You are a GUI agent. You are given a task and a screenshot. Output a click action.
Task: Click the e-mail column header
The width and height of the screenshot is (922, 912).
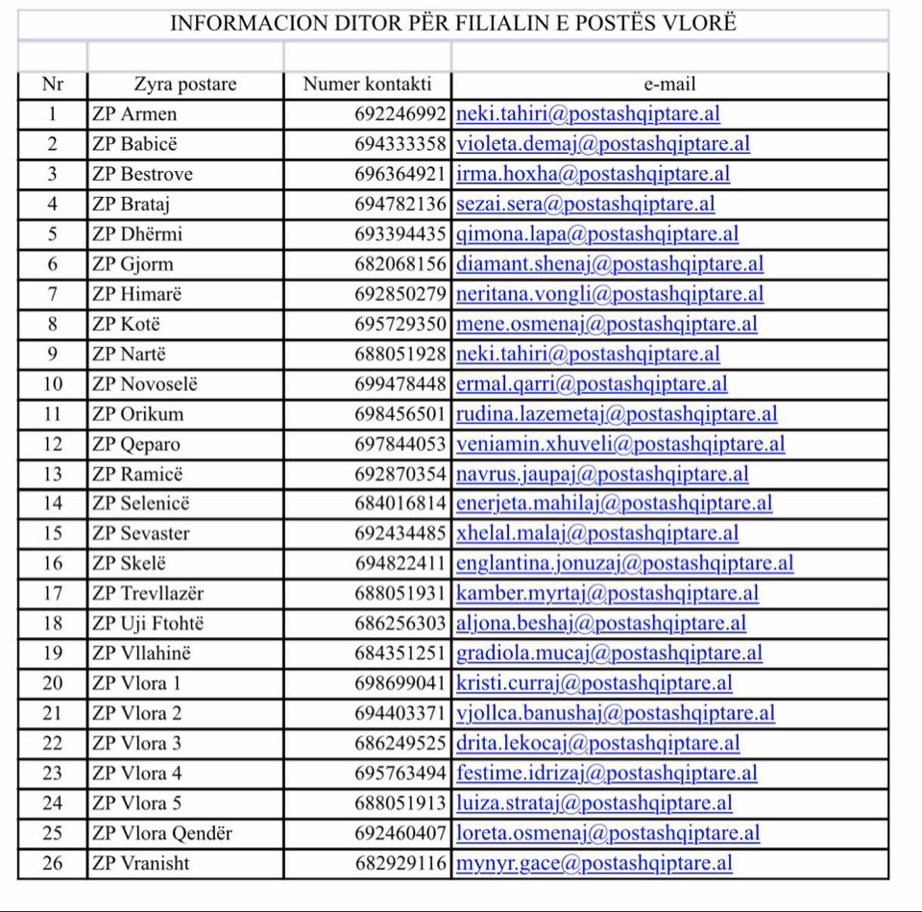[x=669, y=85]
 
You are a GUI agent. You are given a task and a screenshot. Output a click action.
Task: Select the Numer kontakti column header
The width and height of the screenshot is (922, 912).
[x=367, y=85]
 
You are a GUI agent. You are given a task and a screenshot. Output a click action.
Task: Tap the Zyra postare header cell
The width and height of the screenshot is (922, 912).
[x=184, y=85]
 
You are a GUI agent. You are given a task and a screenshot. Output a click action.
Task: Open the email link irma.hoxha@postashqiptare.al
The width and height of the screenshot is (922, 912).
[x=593, y=174]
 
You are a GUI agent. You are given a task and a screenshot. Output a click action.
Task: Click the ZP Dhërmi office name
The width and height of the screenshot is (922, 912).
[x=137, y=234]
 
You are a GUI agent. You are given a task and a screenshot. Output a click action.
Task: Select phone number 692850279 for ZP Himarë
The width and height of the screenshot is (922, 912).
[x=400, y=294]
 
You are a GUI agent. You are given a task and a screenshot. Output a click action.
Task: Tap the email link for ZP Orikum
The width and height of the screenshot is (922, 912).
[x=617, y=414]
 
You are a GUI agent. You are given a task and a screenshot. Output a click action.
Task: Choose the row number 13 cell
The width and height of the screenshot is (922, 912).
[x=53, y=474]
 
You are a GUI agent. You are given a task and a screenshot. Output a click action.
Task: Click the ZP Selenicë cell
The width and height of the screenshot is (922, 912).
[x=141, y=504]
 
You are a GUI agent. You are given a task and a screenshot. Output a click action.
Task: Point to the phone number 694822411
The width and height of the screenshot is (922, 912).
[x=400, y=563]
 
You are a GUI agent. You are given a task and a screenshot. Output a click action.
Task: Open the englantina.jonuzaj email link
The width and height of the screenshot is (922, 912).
[x=624, y=563]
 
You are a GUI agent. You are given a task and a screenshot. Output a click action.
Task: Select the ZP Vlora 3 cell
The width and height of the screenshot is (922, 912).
[x=136, y=743]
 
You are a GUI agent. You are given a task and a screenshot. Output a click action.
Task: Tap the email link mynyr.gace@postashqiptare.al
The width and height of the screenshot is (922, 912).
[x=594, y=863]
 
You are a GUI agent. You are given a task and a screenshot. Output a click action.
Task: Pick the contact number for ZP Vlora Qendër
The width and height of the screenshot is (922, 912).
[x=400, y=833]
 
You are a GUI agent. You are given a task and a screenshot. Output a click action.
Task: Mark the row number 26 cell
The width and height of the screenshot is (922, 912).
[x=53, y=863]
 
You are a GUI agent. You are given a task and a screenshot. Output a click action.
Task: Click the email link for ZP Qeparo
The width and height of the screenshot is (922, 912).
[x=619, y=444]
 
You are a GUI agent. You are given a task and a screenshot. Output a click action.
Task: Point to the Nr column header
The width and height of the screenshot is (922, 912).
[x=53, y=85]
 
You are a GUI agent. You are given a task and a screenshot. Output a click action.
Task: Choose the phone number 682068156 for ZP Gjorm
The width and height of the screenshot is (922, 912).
[x=400, y=263]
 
